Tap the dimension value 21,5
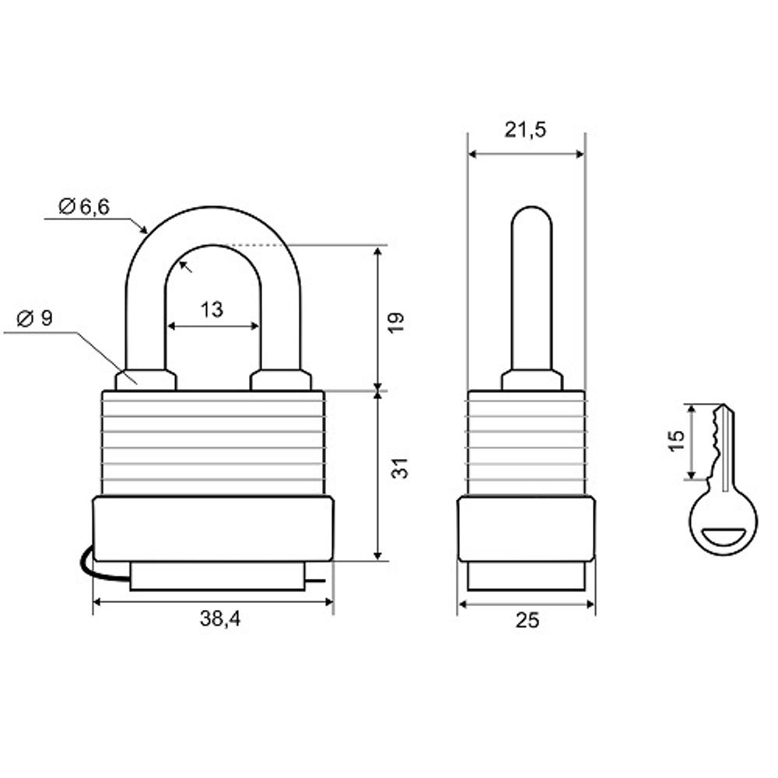tap(525, 130)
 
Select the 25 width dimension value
tap(527, 620)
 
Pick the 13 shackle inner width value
tap(212, 310)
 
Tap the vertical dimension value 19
tap(396, 322)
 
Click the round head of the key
tap(723, 521)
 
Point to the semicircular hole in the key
tap(724, 535)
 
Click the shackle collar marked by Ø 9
tap(145, 380)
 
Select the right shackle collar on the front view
tap(280, 380)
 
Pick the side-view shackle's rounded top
tap(532, 218)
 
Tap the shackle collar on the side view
tap(532, 380)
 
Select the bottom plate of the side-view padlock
tap(526, 576)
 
